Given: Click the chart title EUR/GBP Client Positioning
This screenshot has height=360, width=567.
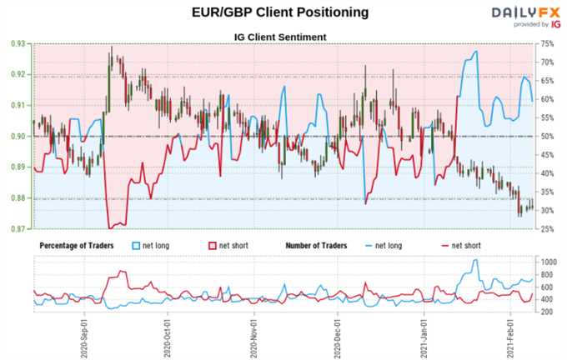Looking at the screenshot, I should [x=283, y=12].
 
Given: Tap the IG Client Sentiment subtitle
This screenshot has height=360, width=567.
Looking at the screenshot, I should [x=283, y=36].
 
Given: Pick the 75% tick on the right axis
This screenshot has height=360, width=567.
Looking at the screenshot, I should [x=548, y=43].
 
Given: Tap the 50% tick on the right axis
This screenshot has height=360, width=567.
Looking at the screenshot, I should [x=548, y=137].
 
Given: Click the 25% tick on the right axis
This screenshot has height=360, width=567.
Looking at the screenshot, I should [x=548, y=229].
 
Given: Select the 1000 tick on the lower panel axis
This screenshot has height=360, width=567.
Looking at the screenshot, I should [x=549, y=262].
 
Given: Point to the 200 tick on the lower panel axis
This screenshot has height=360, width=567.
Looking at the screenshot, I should [x=548, y=312].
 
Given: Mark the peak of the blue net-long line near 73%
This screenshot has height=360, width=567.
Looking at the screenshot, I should [x=476, y=52].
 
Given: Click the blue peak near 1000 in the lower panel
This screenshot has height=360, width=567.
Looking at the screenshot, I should [x=475, y=260].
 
